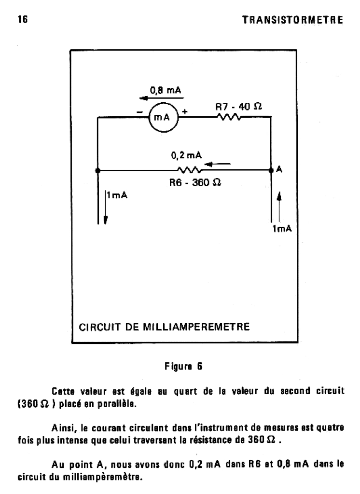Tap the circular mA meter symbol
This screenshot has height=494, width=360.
(x=163, y=116)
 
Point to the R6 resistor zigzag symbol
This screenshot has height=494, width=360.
(x=189, y=170)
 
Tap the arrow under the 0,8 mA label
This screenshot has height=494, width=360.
(x=154, y=97)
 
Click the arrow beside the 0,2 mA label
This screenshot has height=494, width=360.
(x=217, y=165)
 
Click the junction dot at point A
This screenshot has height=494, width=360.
(x=270, y=170)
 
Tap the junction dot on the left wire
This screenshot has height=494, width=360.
(x=97, y=170)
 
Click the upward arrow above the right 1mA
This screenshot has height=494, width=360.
(x=278, y=203)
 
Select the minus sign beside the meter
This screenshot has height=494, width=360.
(x=139, y=112)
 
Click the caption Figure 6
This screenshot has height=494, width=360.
(x=183, y=366)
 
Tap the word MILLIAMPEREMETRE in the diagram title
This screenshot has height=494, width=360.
(x=196, y=327)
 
